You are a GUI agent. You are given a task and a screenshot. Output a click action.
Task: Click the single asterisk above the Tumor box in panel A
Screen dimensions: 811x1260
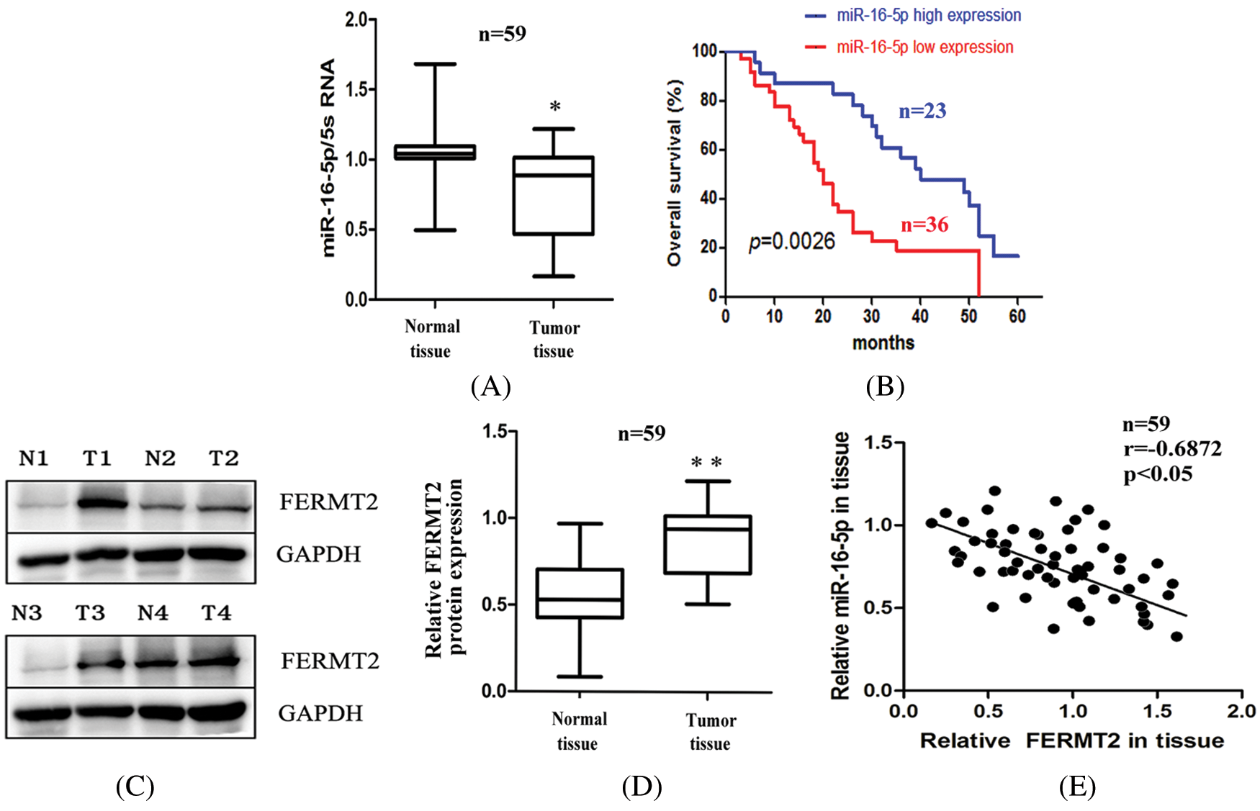[x=555, y=107]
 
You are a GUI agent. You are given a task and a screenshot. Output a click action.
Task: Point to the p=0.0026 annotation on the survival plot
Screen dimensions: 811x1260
[x=791, y=241]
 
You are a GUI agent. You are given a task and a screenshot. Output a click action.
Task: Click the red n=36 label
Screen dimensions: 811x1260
[x=924, y=225]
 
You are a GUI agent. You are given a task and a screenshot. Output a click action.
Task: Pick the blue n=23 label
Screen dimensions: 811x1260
[x=922, y=111]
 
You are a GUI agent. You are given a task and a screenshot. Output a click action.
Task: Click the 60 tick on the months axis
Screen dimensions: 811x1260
[x=1017, y=316]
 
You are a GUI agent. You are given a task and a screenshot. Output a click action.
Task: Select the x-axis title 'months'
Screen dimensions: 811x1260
[x=883, y=343]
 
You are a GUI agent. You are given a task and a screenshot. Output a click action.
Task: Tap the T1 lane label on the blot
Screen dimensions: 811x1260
[x=97, y=458]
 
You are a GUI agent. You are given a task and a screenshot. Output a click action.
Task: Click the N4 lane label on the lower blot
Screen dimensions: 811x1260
[x=153, y=613]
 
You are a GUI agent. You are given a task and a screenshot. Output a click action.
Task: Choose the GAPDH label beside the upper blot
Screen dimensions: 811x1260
[x=318, y=554]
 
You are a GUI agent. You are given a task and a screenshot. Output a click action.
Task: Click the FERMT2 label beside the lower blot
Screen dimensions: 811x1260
[x=330, y=661]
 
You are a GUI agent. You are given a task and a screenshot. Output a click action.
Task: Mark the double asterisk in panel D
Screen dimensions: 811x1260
[x=706, y=462]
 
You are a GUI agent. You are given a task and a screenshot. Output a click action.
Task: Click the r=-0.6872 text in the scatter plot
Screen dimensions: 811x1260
[x=1172, y=449]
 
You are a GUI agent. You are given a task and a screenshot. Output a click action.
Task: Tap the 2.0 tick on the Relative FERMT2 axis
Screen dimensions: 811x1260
[x=1241, y=711]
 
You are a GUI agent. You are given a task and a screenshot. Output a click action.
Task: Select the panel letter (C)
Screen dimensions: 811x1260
[x=135, y=786]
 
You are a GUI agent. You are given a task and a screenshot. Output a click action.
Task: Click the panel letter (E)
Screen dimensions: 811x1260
[x=1077, y=786]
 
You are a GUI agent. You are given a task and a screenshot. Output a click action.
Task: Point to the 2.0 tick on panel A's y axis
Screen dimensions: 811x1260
[x=356, y=20]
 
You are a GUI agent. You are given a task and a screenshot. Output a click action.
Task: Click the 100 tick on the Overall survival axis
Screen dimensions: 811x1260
[x=705, y=51]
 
